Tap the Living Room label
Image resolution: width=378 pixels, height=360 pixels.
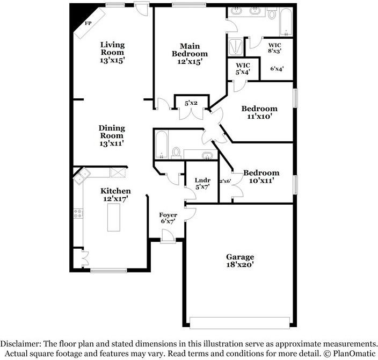[113, 53]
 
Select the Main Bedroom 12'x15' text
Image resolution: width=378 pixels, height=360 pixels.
[190, 54]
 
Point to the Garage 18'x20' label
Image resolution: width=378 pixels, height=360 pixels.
[240, 261]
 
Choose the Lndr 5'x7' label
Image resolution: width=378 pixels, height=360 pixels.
[202, 184]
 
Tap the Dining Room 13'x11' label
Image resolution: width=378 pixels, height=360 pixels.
[112, 136]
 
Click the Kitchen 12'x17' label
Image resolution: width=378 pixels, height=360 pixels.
[115, 195]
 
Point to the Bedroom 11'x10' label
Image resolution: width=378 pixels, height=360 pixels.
[259, 112]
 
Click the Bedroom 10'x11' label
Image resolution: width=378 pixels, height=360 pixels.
[261, 176]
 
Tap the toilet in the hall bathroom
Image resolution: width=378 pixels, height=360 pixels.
[177, 153]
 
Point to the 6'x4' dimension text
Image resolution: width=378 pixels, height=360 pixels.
[277, 68]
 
